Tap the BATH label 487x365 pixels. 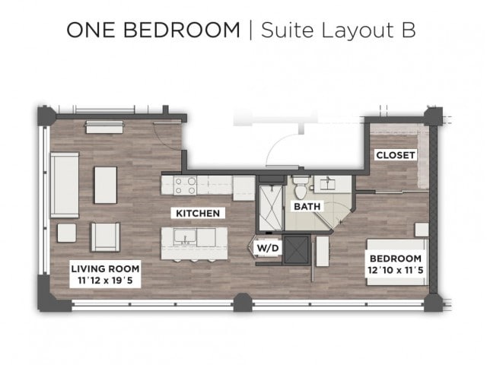coord(306,206)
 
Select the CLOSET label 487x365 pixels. coord(396,155)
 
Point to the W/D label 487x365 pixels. coord(266,247)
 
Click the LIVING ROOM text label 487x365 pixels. coord(105,268)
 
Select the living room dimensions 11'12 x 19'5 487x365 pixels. coord(105,280)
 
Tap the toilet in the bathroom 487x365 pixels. coord(301,185)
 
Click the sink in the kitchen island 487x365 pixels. coord(183,237)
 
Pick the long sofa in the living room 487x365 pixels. coord(65,185)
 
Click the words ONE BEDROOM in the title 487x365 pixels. coord(152,30)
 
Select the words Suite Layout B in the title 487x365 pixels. coord(337,30)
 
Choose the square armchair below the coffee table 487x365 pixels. coord(105,236)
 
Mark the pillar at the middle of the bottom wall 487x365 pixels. coord(243,302)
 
